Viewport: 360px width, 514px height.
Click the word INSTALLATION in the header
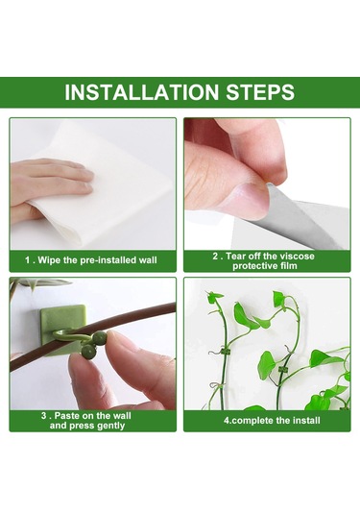coord(141,92)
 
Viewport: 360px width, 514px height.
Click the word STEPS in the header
coord(260,92)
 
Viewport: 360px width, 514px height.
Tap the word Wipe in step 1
coord(49,260)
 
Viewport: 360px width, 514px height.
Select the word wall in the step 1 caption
coord(148,260)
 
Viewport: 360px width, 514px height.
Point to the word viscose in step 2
coord(297,256)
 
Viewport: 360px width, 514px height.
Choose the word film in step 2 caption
coord(287,265)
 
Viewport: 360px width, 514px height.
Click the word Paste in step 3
coord(67,416)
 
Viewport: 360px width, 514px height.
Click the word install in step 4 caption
coord(305,420)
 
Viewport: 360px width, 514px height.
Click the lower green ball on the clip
coord(88,352)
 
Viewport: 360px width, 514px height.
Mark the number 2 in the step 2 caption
coord(215,256)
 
